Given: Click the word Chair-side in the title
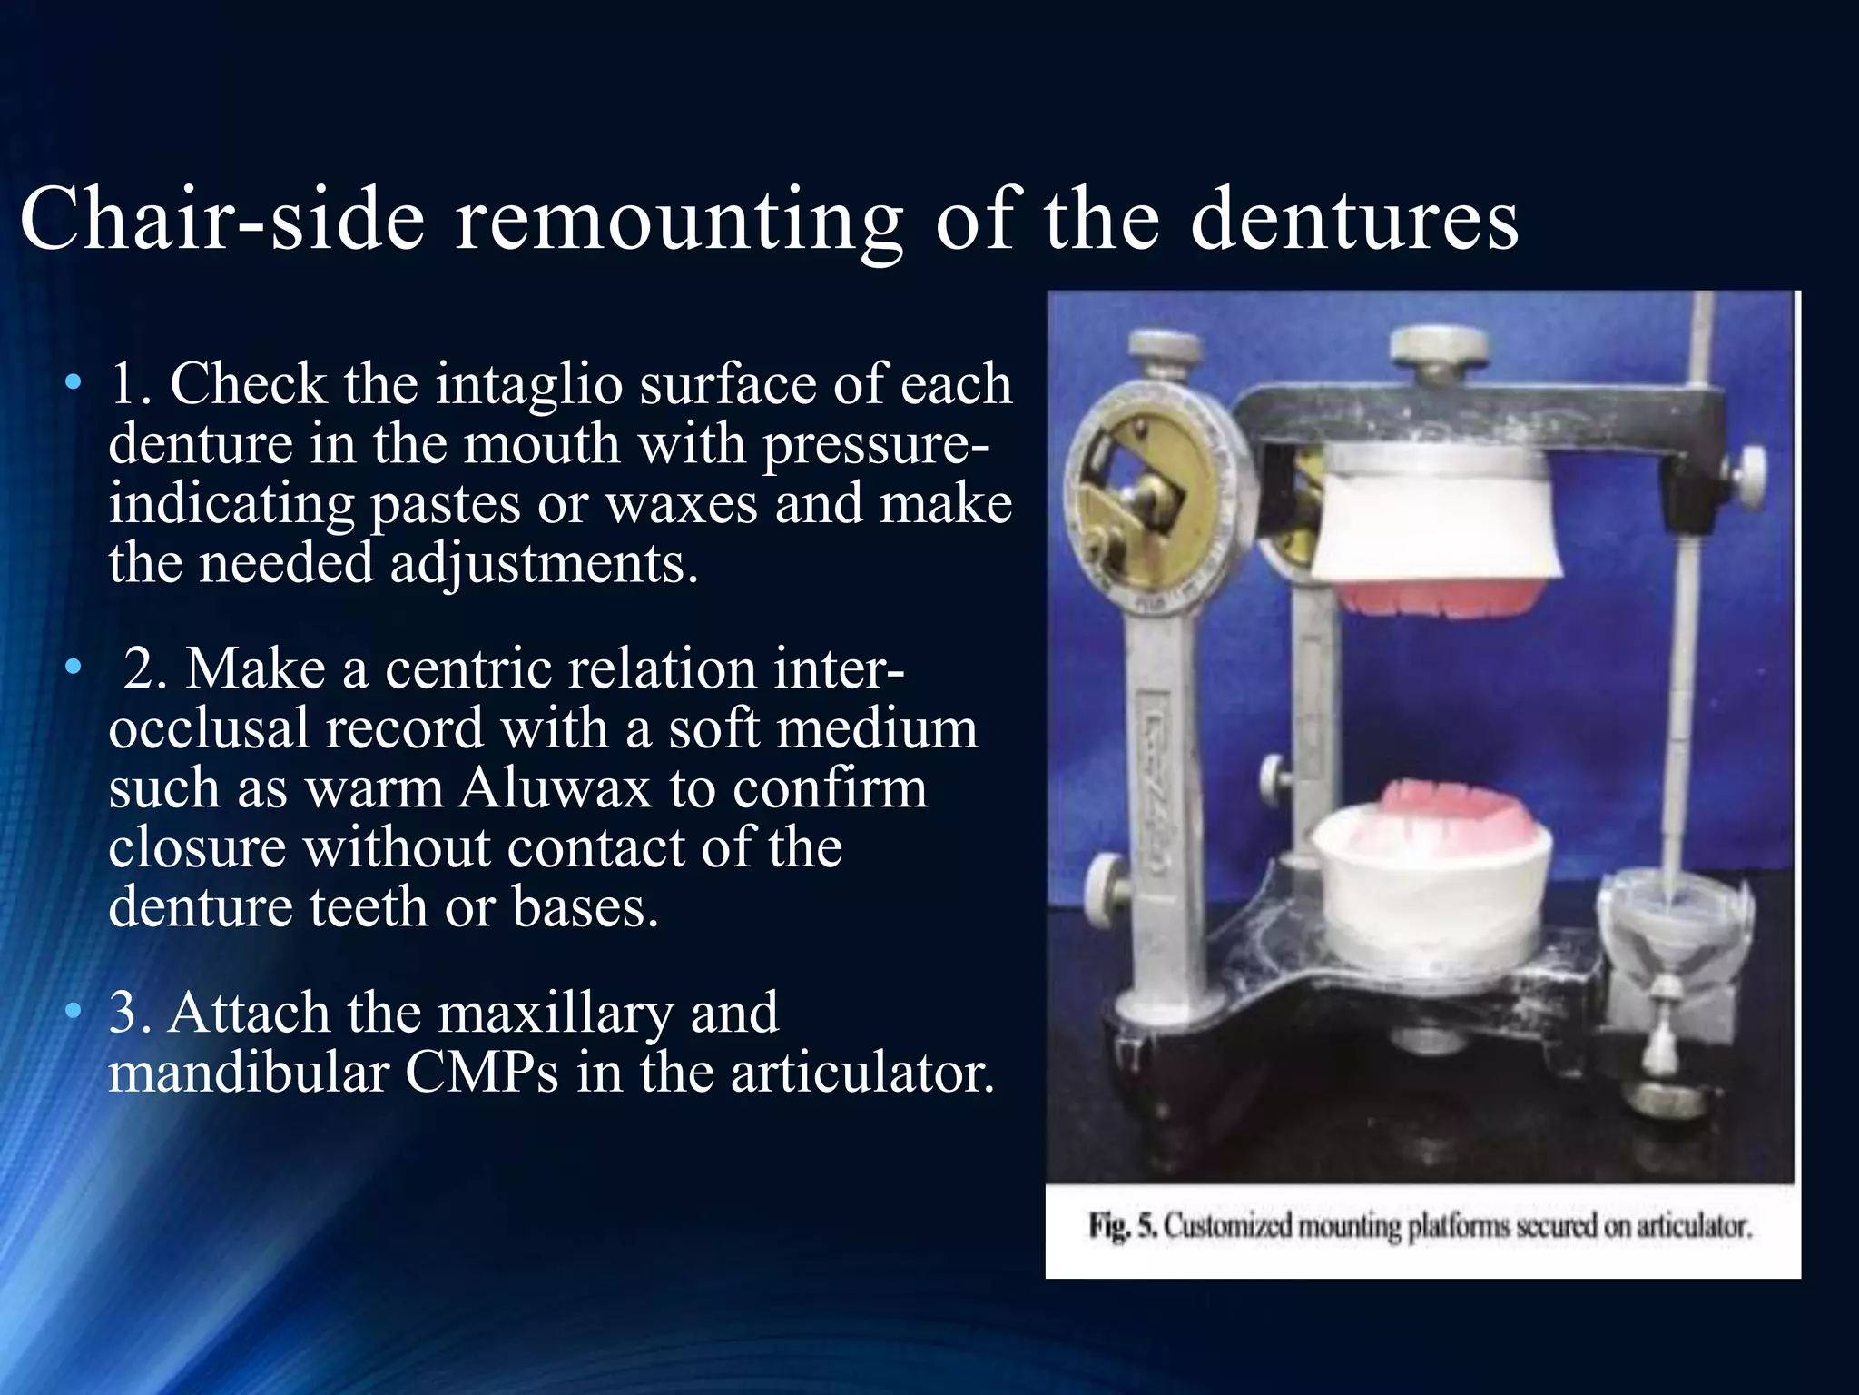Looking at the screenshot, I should point(222,219).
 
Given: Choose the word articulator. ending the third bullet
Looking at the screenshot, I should point(862,1073).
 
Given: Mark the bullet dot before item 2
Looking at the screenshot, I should point(73,668).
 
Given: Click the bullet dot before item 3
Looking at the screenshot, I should point(73,1012).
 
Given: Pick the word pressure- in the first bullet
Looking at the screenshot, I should point(877,444).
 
